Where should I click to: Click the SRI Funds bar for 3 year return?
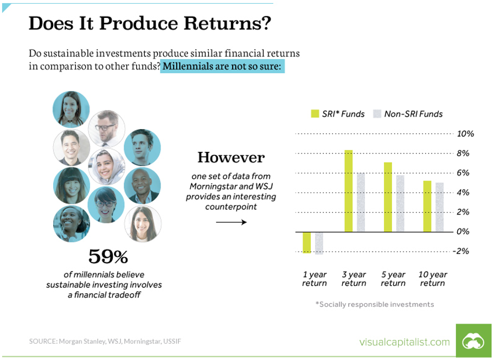(x=349, y=191)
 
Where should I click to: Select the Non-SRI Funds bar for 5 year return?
(x=400, y=203)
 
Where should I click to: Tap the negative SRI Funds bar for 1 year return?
(x=306, y=242)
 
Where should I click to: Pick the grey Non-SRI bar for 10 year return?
(x=439, y=207)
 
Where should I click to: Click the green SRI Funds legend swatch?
(x=315, y=114)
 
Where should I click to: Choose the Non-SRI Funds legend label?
(x=413, y=114)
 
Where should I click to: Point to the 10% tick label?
(x=465, y=134)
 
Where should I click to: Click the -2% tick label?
(x=461, y=251)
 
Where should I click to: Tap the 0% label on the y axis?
(x=463, y=232)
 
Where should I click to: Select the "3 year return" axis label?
(x=354, y=279)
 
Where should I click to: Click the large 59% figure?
(x=108, y=256)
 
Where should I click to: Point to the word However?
(x=231, y=157)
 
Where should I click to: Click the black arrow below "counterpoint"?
(x=231, y=222)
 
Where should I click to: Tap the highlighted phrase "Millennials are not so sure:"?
(x=222, y=66)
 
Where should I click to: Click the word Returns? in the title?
(x=227, y=23)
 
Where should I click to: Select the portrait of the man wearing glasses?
(x=106, y=128)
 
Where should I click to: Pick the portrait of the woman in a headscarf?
(x=106, y=166)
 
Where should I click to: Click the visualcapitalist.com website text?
(x=405, y=342)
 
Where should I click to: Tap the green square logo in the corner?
(x=473, y=341)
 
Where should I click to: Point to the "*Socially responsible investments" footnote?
(x=375, y=304)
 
